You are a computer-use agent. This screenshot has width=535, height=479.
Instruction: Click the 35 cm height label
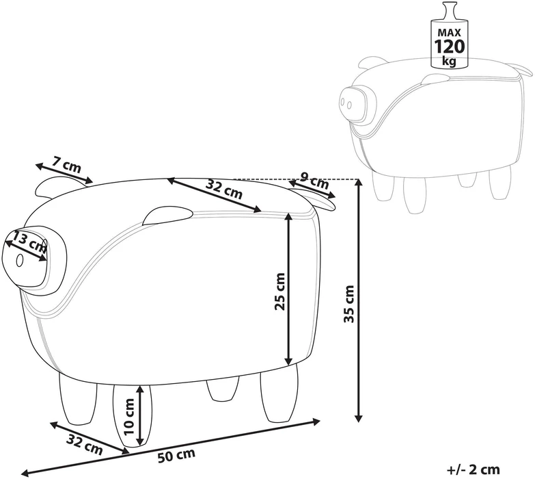click(x=349, y=304)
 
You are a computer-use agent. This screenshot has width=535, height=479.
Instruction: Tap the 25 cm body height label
click(x=279, y=291)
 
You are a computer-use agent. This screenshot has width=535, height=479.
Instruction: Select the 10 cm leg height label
click(x=130, y=417)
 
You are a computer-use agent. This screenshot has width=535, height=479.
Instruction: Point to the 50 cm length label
click(x=176, y=456)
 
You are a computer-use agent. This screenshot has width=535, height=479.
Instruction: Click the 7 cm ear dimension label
click(x=67, y=164)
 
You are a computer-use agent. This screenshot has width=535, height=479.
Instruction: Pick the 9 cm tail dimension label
click(x=314, y=181)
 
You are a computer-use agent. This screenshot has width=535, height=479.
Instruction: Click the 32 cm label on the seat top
click(x=224, y=189)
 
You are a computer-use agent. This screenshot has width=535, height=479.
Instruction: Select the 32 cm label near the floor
click(x=84, y=445)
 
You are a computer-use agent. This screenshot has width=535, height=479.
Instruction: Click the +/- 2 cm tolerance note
click(x=474, y=469)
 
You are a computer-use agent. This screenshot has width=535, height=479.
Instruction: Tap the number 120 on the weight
click(x=449, y=47)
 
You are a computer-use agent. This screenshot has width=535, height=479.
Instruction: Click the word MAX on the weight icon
click(x=449, y=33)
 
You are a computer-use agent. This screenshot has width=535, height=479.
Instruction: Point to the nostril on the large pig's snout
click(x=19, y=260)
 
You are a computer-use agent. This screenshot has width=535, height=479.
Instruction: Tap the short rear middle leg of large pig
click(x=223, y=389)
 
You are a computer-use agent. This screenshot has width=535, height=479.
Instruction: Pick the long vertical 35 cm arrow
click(x=358, y=300)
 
